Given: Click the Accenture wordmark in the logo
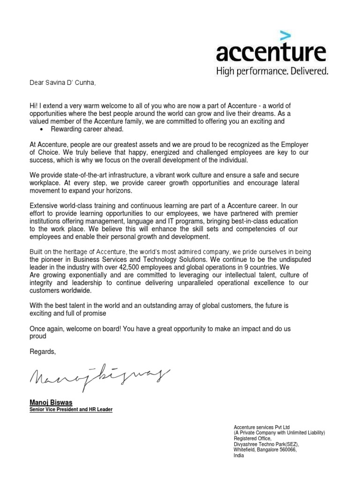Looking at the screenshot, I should point(270,53).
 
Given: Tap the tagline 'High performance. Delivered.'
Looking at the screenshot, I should point(271,72).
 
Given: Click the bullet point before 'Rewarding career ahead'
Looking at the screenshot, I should point(43,129).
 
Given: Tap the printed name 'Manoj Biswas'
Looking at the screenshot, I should point(49,402).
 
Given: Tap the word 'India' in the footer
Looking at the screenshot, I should point(239,455).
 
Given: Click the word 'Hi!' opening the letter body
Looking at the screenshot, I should point(34,106).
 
